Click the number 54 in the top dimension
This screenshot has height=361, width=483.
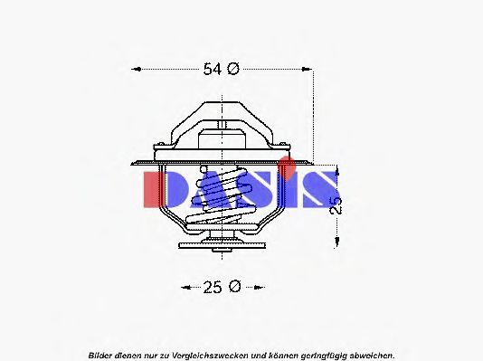tap(213, 69)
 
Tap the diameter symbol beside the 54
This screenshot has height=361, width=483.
tap(233, 69)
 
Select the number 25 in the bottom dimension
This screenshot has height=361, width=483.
tap(213, 288)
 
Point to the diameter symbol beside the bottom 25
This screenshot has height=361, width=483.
tap(235, 287)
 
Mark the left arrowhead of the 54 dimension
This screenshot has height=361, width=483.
tap(137, 69)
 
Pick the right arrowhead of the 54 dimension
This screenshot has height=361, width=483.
tap(307, 69)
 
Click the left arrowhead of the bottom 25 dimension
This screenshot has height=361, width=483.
tap(186, 288)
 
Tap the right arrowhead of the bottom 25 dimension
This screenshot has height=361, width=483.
tap(260, 288)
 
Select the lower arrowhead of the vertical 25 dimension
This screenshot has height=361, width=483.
tap(336, 242)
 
